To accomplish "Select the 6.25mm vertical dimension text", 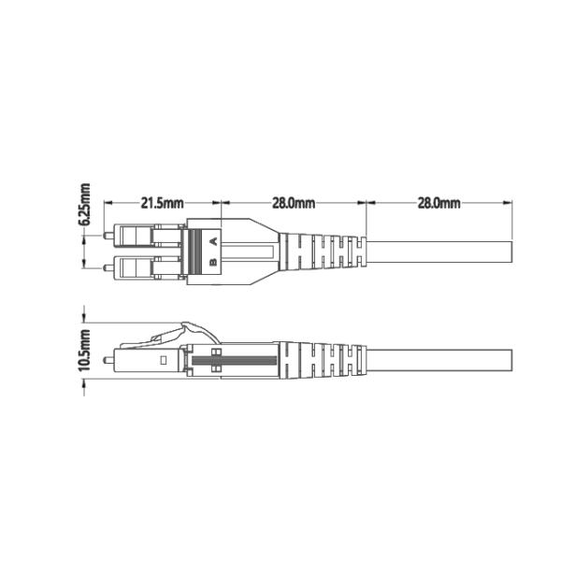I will [x=85, y=205].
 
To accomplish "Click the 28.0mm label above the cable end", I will [x=439, y=202].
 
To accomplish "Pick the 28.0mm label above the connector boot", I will [x=294, y=202].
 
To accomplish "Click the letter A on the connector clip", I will [x=213, y=241].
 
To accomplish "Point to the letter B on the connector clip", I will [x=213, y=263].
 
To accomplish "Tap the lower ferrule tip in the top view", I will [x=108, y=268].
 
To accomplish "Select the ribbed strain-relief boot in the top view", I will [x=323, y=252].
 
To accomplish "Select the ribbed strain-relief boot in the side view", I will [x=323, y=359].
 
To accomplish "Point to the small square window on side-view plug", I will [x=163, y=359].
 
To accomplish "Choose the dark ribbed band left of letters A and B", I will [x=195, y=252].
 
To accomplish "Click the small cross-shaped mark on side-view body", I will [x=216, y=360].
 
